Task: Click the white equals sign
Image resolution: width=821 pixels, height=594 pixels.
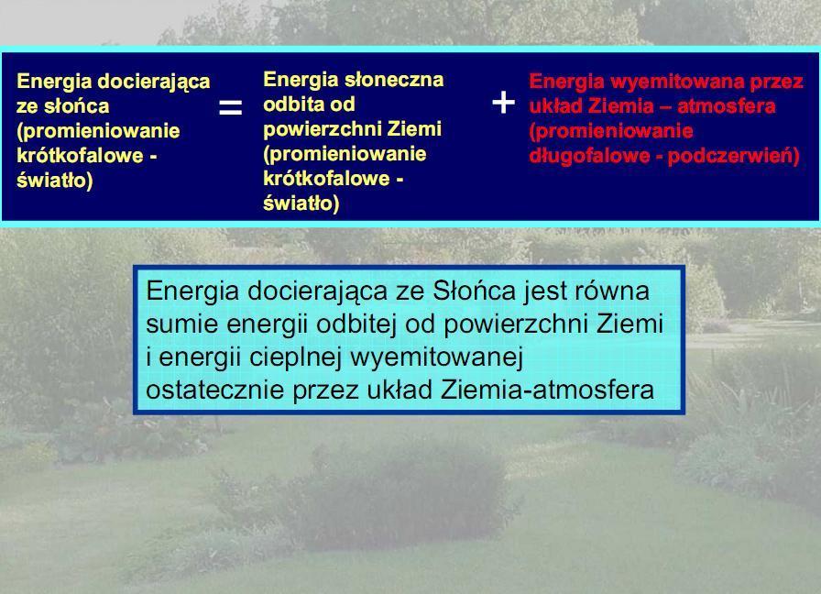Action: (x=230, y=107)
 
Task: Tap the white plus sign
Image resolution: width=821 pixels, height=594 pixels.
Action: (x=504, y=102)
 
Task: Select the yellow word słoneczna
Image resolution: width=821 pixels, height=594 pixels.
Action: (x=394, y=80)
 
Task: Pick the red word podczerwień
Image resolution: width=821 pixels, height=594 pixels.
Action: (x=734, y=156)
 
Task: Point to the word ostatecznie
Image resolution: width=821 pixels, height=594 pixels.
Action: (x=214, y=390)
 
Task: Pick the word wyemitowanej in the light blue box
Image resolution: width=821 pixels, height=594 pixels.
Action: (x=437, y=357)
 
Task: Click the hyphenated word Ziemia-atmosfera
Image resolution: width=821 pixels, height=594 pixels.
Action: (x=547, y=390)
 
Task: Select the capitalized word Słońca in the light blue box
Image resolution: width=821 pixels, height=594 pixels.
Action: (x=474, y=291)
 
